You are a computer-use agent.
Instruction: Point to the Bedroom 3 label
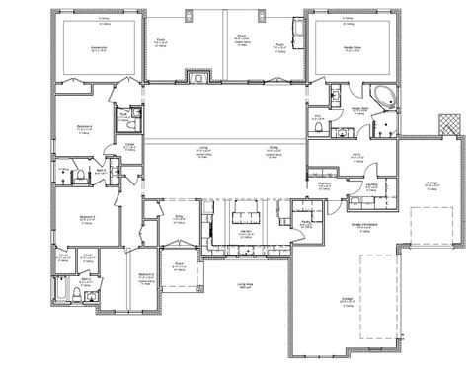click(x=84, y=217)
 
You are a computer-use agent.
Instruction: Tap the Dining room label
click(x=274, y=149)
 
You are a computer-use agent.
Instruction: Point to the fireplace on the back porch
click(x=201, y=77)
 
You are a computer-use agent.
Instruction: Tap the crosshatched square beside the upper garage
click(x=450, y=123)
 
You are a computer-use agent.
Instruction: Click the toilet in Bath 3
click(x=76, y=174)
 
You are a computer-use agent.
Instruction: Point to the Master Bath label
click(x=359, y=109)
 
